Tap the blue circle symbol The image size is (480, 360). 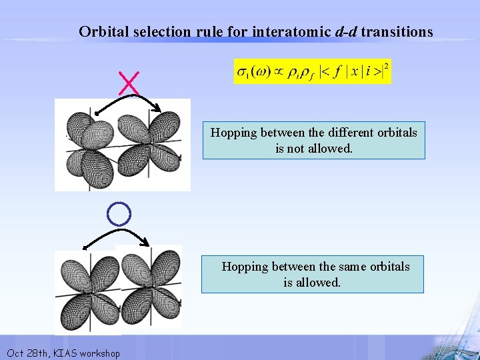click(x=119, y=213)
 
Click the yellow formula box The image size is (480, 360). click(x=312, y=71)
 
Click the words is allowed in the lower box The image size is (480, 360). click(x=312, y=282)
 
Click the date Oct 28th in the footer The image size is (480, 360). click(x=25, y=353)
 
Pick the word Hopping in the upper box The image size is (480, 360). click(x=234, y=132)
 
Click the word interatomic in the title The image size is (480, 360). click(x=293, y=31)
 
